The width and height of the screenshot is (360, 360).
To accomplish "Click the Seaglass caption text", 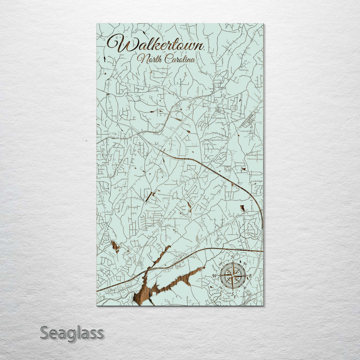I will click(x=72, y=333).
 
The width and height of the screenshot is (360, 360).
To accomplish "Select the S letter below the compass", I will click(x=233, y=294).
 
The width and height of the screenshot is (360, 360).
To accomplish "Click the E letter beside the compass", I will click(x=250, y=275).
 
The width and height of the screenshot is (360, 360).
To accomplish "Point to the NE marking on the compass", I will click(x=245, y=264).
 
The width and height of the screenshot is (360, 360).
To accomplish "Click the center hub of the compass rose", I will click(x=233, y=276).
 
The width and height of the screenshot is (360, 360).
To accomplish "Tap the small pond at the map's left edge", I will click(x=115, y=246).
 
